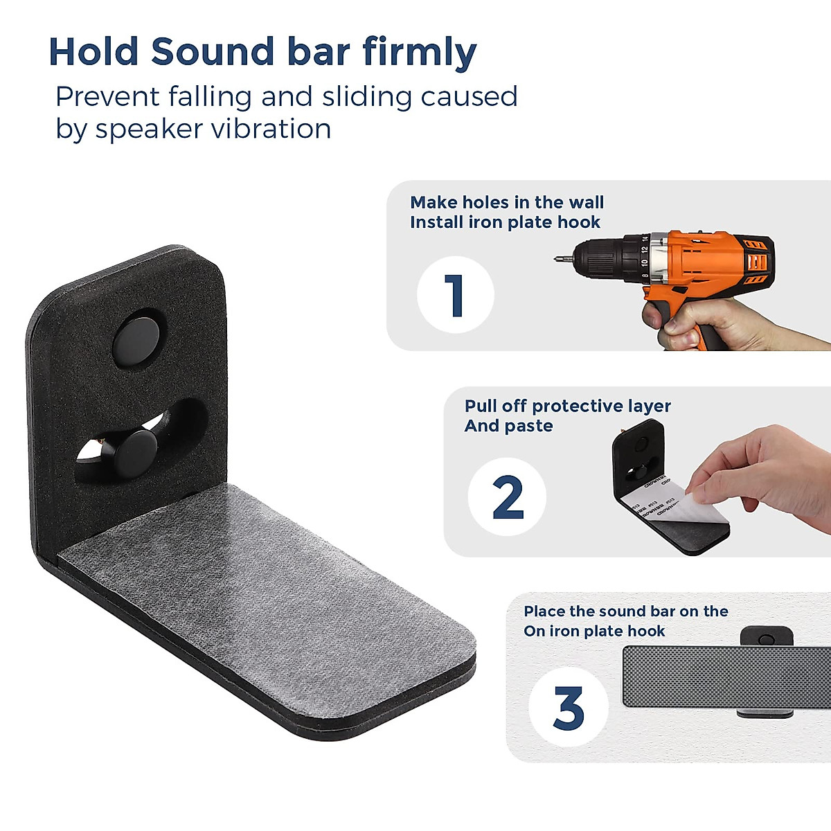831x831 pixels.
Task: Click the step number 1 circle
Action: [455, 295]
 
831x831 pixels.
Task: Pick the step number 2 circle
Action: [507, 497]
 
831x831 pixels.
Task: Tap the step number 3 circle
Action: [568, 707]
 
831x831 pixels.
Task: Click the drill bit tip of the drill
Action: [557, 259]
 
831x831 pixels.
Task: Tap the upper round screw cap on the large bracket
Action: [136, 337]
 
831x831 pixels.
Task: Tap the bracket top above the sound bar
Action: [765, 636]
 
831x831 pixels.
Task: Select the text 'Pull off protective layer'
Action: [567, 406]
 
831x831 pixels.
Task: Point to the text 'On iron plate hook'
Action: [594, 631]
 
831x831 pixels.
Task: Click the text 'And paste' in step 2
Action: [508, 426]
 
